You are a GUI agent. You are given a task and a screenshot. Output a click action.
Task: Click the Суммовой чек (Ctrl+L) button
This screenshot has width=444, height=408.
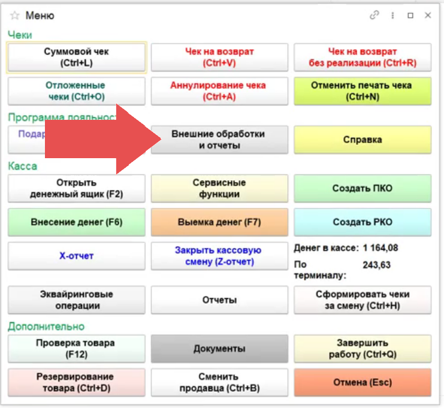(76, 58)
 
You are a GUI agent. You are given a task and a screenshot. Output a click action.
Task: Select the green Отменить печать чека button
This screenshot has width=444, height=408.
(362, 91)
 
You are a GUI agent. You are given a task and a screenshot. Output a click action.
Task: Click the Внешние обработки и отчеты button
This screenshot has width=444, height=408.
(219, 140)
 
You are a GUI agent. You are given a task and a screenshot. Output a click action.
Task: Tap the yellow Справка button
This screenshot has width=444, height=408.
(362, 140)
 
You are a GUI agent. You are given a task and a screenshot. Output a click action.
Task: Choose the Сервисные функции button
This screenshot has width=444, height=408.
(219, 189)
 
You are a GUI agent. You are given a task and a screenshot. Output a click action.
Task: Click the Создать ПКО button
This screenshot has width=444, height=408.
(362, 189)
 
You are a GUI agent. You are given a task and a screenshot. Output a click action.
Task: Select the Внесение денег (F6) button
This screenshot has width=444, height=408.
(76, 222)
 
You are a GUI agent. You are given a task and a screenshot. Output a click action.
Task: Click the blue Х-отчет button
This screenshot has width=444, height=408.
(76, 256)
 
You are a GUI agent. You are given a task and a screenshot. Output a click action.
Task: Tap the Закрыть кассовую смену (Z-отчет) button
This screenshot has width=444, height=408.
(219, 256)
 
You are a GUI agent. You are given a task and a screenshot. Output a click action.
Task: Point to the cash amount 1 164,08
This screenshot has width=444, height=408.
(380, 247)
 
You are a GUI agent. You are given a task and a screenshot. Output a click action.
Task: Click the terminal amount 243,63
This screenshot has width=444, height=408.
(376, 265)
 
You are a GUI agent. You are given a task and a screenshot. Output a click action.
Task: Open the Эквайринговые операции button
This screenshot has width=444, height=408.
(76, 300)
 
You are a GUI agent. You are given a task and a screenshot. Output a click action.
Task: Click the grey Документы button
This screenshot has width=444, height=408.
(219, 349)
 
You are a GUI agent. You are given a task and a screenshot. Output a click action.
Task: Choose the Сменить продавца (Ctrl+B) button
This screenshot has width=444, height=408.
(219, 382)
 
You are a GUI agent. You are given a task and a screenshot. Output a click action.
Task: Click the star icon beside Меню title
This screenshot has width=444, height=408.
(15, 16)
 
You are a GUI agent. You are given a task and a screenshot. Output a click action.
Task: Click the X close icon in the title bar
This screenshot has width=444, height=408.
(428, 16)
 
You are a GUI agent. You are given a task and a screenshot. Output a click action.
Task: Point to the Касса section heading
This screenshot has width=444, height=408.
(23, 166)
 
